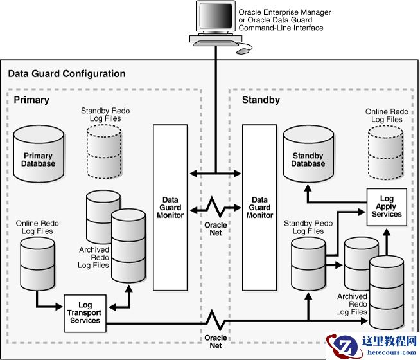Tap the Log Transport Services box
point(85,313)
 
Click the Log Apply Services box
point(387,206)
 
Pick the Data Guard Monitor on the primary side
point(170,207)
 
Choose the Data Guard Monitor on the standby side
point(259,207)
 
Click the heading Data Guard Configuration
point(67,74)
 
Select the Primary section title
point(31,100)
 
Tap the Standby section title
point(260,100)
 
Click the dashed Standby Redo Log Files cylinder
point(104,152)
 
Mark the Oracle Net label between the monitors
point(215,230)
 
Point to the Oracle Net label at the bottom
point(215,341)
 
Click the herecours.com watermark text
point(385,352)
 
